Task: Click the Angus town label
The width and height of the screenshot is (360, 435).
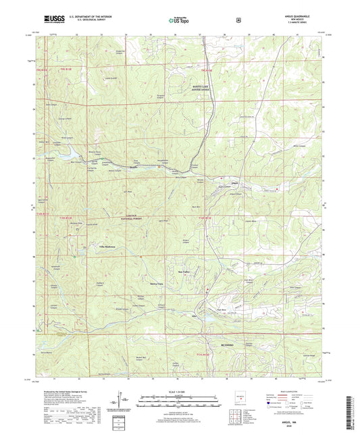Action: (x=234, y=182)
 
